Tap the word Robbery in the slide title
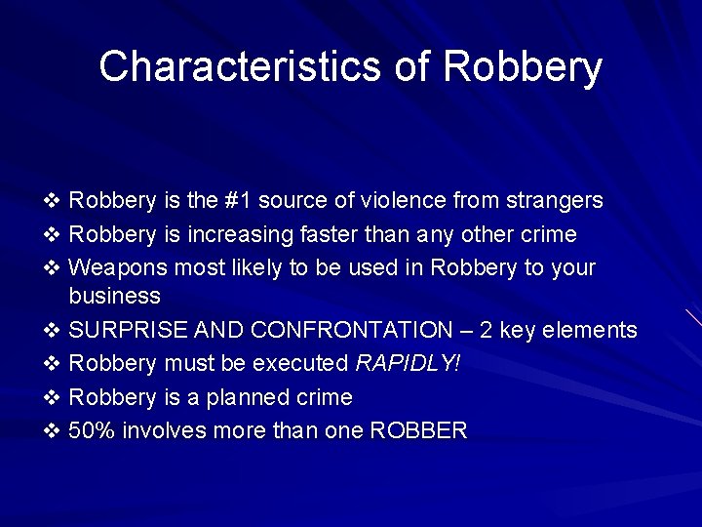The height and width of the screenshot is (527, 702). (523, 67)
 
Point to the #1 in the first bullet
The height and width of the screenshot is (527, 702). (241, 201)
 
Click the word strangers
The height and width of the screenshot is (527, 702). (553, 201)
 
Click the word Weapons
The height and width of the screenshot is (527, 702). (115, 267)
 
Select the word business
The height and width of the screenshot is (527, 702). (115, 296)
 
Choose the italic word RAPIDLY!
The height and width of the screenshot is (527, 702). (408, 363)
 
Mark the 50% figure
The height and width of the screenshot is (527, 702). (92, 429)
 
